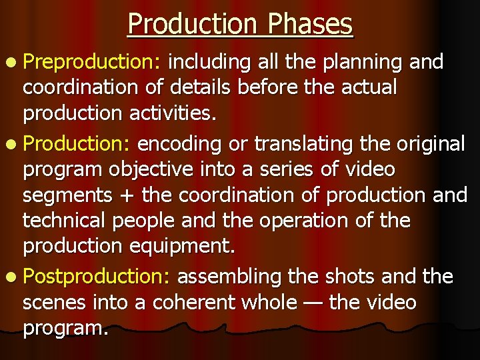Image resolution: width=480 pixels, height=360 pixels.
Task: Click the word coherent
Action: pos(203,303)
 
